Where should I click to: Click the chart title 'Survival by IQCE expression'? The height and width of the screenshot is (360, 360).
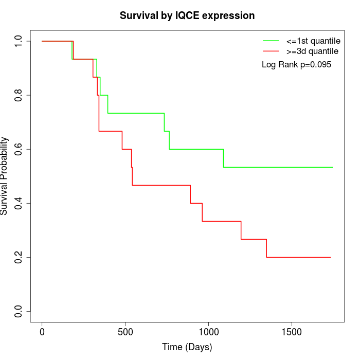pyautogui.click(x=187, y=15)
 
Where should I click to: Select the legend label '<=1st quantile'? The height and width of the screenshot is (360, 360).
pyautogui.click(x=313, y=41)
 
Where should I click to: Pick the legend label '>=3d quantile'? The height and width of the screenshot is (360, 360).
pyautogui.click(x=312, y=51)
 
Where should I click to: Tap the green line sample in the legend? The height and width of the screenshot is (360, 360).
pyautogui.click(x=271, y=41)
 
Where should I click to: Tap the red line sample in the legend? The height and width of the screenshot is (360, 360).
pyautogui.click(x=271, y=51)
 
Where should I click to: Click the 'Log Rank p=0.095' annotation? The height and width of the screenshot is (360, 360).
pyautogui.click(x=296, y=65)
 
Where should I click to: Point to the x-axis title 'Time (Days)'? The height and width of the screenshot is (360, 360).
pyautogui.click(x=187, y=347)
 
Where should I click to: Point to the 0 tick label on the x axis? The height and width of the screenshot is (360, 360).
pyautogui.click(x=42, y=331)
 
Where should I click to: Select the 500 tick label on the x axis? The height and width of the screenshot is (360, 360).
pyautogui.click(x=125, y=331)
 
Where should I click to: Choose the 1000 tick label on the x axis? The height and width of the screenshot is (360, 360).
pyautogui.click(x=209, y=331)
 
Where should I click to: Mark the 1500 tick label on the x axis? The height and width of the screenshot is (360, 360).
pyautogui.click(x=292, y=331)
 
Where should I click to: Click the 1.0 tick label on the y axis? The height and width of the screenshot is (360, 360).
pyautogui.click(x=20, y=41)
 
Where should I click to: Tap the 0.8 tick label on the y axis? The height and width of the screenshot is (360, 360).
pyautogui.click(x=20, y=95)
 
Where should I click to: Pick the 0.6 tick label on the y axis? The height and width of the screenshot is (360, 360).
pyautogui.click(x=20, y=149)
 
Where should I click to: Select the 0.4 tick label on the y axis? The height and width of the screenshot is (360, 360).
pyautogui.click(x=20, y=203)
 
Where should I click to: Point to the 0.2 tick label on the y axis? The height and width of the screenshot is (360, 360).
pyautogui.click(x=20, y=257)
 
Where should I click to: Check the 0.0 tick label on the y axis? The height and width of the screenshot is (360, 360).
pyautogui.click(x=20, y=311)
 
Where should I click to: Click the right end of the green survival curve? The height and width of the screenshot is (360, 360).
pyautogui.click(x=333, y=167)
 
